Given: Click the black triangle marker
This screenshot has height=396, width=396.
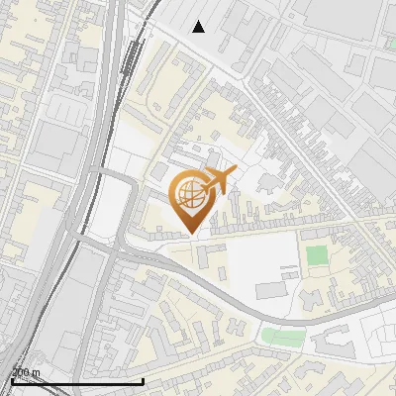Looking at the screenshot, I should click(x=199, y=26).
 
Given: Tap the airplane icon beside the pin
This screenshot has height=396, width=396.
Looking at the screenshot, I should click(x=219, y=180).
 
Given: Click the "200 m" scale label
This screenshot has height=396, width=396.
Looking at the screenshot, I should click(x=26, y=372).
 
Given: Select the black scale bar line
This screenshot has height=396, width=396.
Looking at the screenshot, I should click(x=77, y=381).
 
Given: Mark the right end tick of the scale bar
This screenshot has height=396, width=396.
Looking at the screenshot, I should click(x=144, y=380).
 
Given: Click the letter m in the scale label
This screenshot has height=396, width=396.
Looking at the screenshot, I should click(x=37, y=372).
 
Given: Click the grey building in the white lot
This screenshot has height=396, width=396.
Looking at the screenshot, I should click(x=271, y=290).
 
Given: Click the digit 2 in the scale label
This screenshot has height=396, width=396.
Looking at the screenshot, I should click(x=15, y=372).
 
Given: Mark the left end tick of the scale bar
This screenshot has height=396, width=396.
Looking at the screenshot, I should click(x=12, y=380).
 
